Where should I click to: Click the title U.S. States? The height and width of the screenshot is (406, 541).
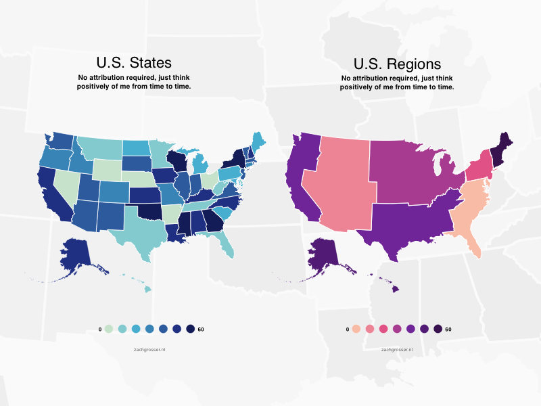(134, 64)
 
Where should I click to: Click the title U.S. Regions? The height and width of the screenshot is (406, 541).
(397, 64)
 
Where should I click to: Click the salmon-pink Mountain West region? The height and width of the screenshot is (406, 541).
(338, 183)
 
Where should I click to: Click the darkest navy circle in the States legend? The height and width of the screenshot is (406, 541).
(191, 329)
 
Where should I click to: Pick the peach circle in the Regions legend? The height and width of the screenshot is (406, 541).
(357, 329)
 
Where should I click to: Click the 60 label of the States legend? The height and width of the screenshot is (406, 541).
(201, 329)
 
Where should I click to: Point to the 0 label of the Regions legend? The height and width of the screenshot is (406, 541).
(347, 329)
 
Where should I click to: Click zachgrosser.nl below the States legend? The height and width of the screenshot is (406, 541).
(150, 349)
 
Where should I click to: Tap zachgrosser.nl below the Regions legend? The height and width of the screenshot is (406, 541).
(397, 349)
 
